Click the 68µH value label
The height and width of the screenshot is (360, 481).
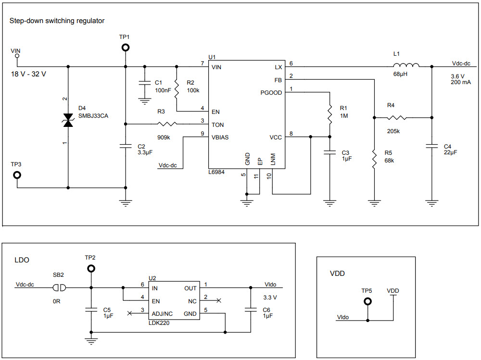coord(400,74)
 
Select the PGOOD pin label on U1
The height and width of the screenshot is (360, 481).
coord(271,93)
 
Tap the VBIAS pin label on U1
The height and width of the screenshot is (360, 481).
coord(220,137)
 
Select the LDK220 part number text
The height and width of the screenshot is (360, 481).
coord(159,323)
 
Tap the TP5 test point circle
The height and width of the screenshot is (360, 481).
coord(368,301)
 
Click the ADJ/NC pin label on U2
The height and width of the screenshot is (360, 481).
coord(164,313)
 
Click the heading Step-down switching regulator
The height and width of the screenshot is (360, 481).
coord(57,21)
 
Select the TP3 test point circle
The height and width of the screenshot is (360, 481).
coord(17,174)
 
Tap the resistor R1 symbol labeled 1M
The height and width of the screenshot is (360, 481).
coord(330,114)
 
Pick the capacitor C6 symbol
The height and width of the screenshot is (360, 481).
coord(250,310)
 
